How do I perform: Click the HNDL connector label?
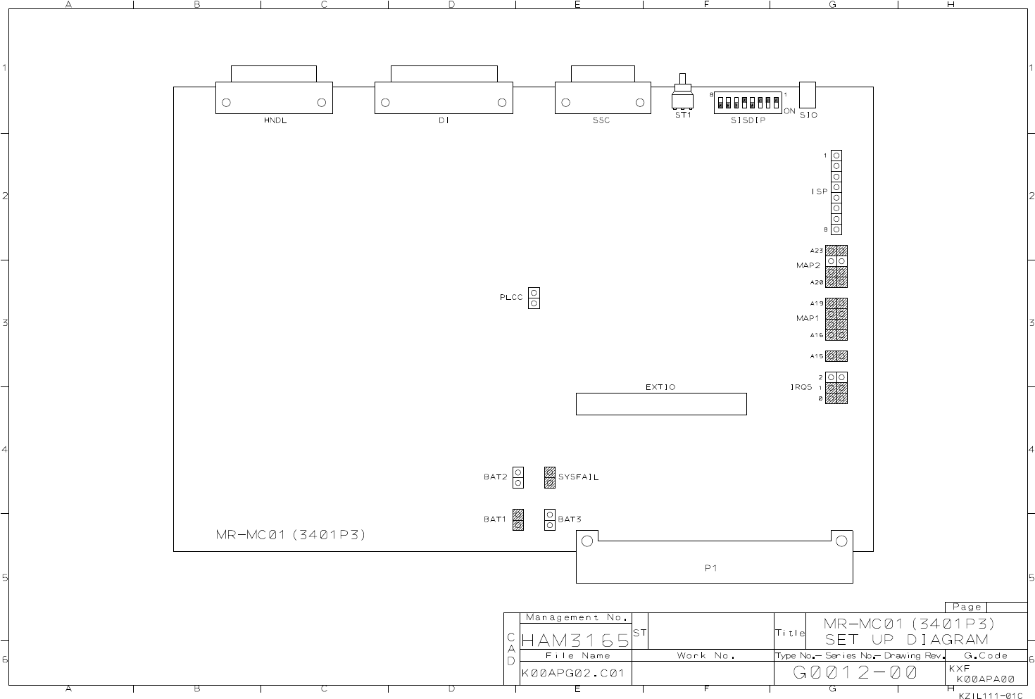(x=275, y=120)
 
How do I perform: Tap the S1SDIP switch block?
(x=748, y=103)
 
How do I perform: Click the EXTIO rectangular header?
(x=660, y=404)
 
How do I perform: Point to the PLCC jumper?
(x=534, y=298)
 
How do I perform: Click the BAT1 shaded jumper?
(x=518, y=519)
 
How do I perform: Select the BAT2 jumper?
(x=518, y=477)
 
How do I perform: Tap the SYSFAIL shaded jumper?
(x=550, y=477)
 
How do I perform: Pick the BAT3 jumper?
(x=550, y=519)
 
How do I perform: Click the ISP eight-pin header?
(x=836, y=192)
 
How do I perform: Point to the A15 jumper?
(x=836, y=356)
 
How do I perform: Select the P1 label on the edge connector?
(x=711, y=568)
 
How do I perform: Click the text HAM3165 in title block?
(x=575, y=640)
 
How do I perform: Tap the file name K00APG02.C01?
(x=573, y=673)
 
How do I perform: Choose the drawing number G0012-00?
(x=855, y=673)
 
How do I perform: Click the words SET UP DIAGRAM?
(x=907, y=639)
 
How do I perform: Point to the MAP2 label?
(x=808, y=265)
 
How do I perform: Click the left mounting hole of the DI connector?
(x=386, y=102)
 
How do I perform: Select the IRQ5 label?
(x=801, y=387)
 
